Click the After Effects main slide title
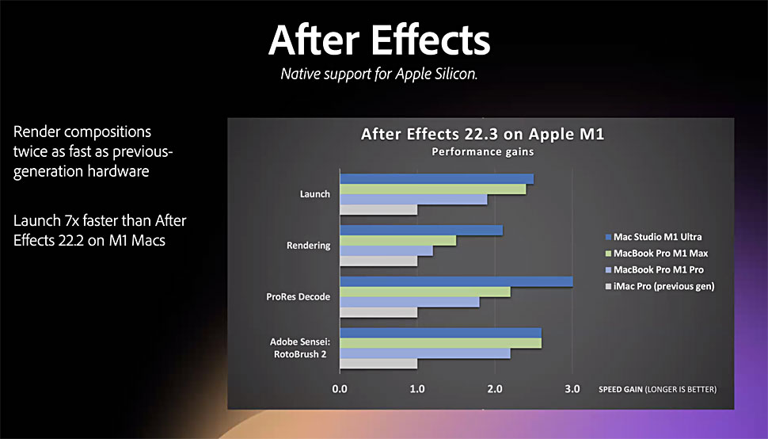[379, 40]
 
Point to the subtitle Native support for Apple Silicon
[379, 74]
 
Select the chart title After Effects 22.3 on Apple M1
[482, 134]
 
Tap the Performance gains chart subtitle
[482, 152]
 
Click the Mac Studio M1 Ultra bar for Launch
[437, 179]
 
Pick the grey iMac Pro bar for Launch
[378, 210]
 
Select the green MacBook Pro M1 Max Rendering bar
[397, 241]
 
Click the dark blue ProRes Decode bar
[457, 282]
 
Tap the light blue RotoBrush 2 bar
[425, 353]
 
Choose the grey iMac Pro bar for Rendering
[378, 261]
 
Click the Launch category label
[315, 194]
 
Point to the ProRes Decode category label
[298, 297]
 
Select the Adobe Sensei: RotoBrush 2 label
[300, 348]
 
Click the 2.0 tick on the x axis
[495, 389]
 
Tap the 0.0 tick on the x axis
[340, 389]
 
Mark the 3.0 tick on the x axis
[572, 389]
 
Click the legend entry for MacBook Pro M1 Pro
[655, 270]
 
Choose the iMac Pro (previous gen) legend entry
[660, 287]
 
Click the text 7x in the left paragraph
[71, 221]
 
